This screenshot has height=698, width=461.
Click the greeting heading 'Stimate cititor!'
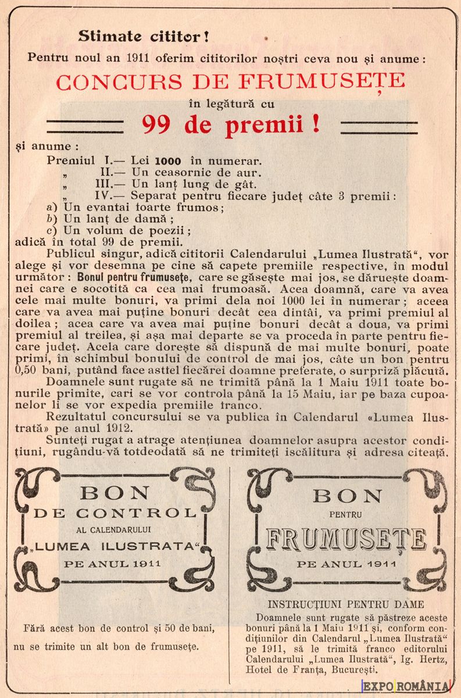coord(144,37)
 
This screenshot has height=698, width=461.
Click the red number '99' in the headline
coord(162,124)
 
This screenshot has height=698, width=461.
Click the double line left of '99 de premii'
coord(84,127)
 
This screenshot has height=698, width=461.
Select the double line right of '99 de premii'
coord(378,127)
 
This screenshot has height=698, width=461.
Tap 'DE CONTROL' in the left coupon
coord(115,513)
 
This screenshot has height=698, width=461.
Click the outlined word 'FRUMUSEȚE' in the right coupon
coord(346,539)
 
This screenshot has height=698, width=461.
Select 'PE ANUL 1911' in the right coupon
coord(346,564)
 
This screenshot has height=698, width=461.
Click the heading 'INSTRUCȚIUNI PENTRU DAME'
coord(346,604)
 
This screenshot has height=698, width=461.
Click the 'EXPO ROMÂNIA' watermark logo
coord(406,686)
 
